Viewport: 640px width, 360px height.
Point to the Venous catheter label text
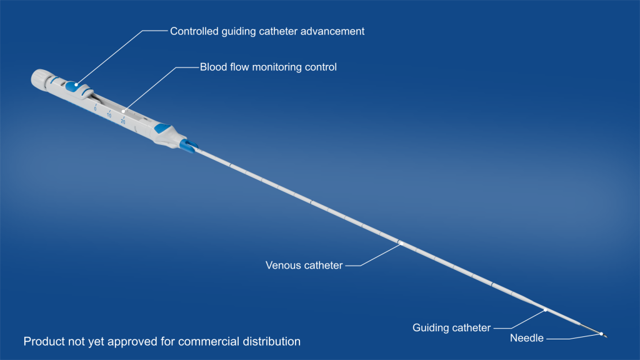(x=304, y=266)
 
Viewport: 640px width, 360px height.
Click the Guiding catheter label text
(x=451, y=327)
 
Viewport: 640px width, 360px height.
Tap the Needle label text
(x=527, y=339)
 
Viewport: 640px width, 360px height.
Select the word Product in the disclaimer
(x=42, y=342)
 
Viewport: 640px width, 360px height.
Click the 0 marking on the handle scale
(x=95, y=109)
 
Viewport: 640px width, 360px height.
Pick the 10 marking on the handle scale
(x=109, y=115)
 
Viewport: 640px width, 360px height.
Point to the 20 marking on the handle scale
(x=122, y=121)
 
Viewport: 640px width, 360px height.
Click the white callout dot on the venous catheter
(x=400, y=242)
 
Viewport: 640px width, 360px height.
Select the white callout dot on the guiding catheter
(x=545, y=309)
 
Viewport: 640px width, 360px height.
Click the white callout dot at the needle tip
(x=601, y=334)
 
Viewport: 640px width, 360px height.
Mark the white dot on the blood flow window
(x=124, y=111)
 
